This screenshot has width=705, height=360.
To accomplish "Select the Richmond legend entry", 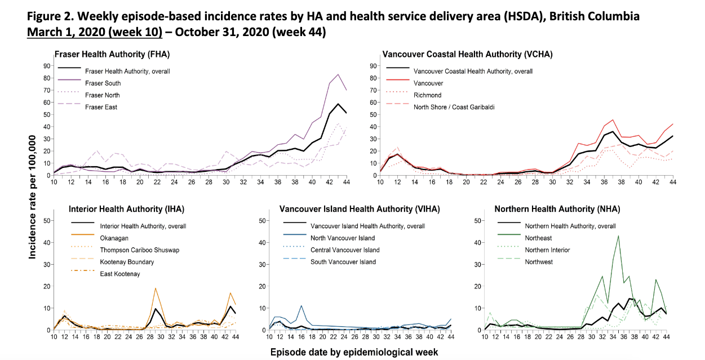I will coord(427,95).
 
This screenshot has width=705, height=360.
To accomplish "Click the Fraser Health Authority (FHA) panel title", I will coord(112,55).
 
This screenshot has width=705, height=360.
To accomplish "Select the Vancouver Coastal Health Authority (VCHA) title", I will coord(467,55).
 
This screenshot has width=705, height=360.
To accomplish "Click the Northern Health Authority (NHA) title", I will coord(557,209).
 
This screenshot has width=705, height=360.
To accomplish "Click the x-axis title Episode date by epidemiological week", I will coord(353,352).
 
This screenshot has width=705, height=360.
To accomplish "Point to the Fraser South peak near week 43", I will coord(338,74).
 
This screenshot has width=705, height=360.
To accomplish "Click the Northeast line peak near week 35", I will coord(618,236).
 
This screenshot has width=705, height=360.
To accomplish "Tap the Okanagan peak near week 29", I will coord(155,288).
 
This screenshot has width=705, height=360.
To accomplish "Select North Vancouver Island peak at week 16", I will coord(301,306).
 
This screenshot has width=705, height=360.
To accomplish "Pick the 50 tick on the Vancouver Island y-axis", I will coord(261,221).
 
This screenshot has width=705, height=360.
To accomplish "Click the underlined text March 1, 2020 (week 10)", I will coord(94,32).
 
